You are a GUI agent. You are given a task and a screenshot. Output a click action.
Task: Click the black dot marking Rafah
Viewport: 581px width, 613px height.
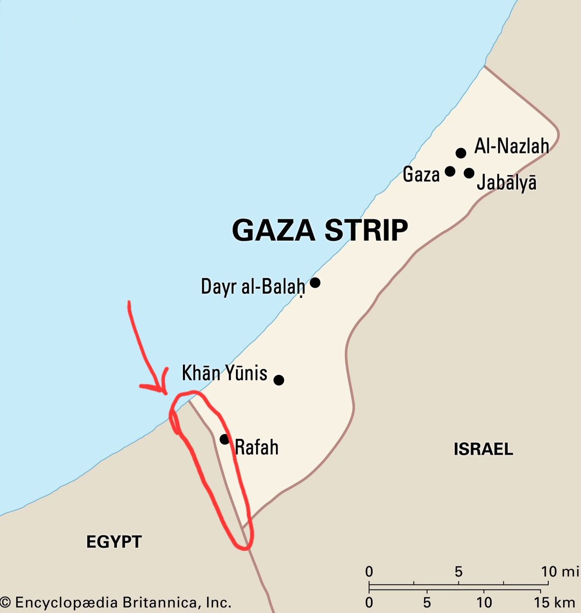point(224,439)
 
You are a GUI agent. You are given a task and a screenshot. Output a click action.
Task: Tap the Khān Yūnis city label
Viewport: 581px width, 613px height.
point(224,373)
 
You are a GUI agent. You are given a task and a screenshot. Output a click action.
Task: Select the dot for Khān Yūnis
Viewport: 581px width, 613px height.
point(278,380)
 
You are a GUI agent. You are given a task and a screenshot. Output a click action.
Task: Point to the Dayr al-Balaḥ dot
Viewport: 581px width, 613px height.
point(315,282)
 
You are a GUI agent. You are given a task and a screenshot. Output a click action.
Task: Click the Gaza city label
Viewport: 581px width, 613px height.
point(421,175)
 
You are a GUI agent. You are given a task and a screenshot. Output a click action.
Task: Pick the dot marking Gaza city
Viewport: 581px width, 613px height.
point(450,171)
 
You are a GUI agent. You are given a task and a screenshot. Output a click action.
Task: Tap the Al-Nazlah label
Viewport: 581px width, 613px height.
point(512,146)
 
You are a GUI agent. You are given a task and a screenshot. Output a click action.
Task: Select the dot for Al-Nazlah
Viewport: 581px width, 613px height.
point(461,153)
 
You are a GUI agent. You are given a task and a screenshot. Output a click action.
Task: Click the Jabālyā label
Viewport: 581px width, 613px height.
point(506,182)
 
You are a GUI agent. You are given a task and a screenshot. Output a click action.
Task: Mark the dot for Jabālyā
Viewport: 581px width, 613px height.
point(469,173)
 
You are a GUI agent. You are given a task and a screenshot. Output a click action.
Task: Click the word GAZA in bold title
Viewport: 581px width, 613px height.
point(274,230)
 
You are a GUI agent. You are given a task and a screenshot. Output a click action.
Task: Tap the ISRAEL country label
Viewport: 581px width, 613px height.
point(483,450)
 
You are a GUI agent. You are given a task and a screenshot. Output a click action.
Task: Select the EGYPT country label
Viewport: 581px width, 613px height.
point(113,541)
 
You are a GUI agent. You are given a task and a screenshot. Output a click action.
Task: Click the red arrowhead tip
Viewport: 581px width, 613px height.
point(165,392)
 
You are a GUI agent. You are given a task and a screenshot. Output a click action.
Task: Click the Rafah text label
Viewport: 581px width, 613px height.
point(257,447)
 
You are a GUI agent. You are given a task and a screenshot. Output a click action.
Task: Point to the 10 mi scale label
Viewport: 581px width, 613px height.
point(560,571)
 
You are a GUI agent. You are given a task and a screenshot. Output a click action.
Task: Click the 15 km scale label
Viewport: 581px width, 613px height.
point(555,603)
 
